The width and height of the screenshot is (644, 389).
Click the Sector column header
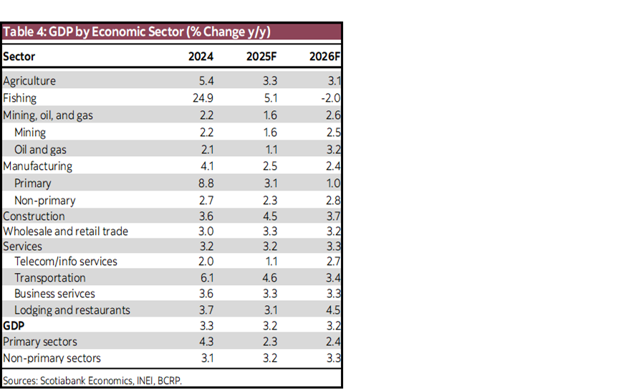click(x=19, y=57)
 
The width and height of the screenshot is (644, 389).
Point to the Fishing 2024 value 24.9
click(x=204, y=97)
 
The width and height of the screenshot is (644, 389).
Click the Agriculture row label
click(x=29, y=81)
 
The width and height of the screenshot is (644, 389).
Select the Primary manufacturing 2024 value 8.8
click(x=207, y=183)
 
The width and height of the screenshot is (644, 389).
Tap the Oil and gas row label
click(x=41, y=149)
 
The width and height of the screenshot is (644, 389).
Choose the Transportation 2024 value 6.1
click(x=207, y=278)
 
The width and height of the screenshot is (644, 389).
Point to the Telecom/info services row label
click(x=65, y=261)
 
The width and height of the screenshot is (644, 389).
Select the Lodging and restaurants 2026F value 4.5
click(x=332, y=310)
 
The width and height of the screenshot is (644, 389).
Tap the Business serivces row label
click(x=54, y=294)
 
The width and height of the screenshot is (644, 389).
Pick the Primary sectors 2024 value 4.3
click(x=207, y=342)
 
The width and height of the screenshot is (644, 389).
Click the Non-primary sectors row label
click(x=52, y=357)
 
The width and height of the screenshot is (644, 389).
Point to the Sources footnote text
click(x=92, y=380)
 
